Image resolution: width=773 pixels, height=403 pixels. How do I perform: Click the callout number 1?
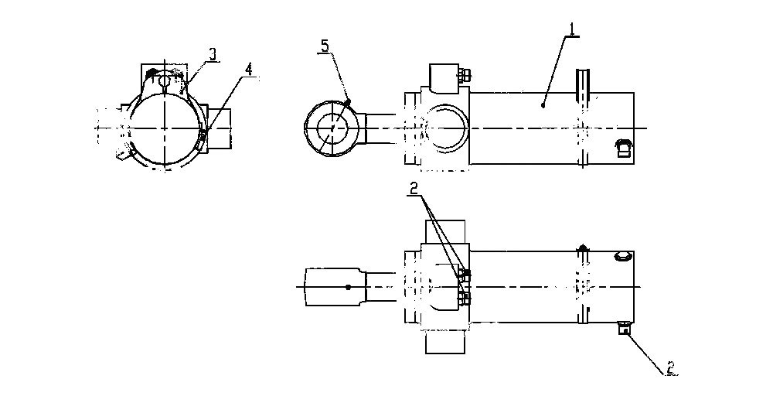(x=572, y=29)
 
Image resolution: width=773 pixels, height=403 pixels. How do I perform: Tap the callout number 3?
(x=213, y=55)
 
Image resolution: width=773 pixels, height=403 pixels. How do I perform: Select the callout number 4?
(x=249, y=70)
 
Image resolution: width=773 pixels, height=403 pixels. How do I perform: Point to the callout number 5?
(x=325, y=46)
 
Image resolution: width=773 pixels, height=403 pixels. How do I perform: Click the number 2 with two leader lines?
(x=414, y=187)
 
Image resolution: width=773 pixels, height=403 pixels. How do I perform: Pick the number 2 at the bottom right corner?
(x=670, y=367)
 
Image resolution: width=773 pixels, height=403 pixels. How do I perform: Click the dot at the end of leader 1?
(x=543, y=105)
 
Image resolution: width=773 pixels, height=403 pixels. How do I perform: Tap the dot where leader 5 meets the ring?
(x=349, y=101)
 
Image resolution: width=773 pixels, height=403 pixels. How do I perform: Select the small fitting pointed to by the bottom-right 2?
(x=625, y=327)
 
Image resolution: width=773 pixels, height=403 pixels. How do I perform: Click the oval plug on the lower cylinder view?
(x=621, y=257)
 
